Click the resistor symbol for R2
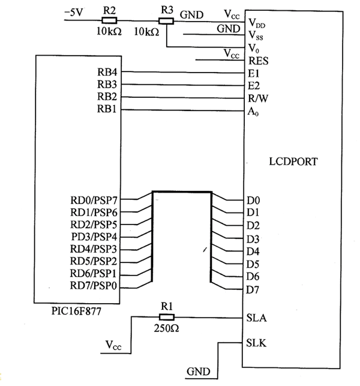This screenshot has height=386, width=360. point(109,20)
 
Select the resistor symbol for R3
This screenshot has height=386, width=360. point(166,21)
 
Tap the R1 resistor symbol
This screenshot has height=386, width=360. point(167,317)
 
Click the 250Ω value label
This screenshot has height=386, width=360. point(166,328)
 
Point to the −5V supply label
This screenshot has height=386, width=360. point(74,12)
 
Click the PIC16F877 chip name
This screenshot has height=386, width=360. point(76,311)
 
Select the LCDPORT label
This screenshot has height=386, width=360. point(293,161)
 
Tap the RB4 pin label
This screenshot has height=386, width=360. point(107,72)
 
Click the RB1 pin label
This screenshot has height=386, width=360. point(107,109)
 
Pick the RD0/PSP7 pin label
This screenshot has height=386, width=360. point(94,201)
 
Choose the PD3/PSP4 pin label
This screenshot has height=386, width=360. point(94,237)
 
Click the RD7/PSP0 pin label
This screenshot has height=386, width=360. point(93,286)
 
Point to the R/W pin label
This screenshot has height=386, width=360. point(258,98)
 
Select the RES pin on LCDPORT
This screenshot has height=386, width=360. point(259,61)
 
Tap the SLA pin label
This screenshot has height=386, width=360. point(257,318)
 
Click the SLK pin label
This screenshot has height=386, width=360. point(256,343)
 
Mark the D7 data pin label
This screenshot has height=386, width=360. point(253,290)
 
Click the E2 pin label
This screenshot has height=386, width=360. point(254,86)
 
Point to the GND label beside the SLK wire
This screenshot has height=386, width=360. point(199,372)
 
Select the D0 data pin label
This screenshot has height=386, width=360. point(253,201)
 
